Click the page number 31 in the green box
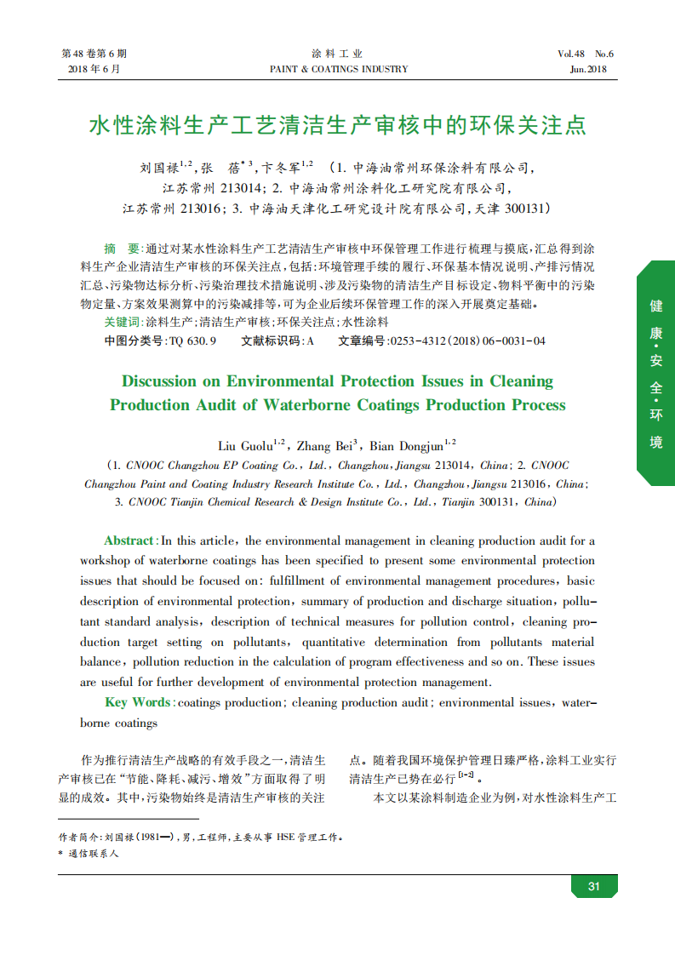pyautogui.click(x=594, y=886)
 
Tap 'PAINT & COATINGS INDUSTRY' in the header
pyautogui.click(x=338, y=69)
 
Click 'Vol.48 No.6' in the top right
pyautogui.click(x=586, y=54)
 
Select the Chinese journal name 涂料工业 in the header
pyautogui.click(x=337, y=54)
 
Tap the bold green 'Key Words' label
pyautogui.click(x=137, y=702)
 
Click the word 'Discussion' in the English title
pyautogui.click(x=161, y=381)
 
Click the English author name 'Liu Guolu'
pyautogui.click(x=244, y=445)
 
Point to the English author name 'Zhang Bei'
pyautogui.click(x=324, y=445)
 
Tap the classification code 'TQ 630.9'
pyautogui.click(x=192, y=341)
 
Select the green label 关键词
pyautogui.click(x=122, y=323)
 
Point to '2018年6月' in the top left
pyautogui.click(x=94, y=69)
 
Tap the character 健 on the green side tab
pyautogui.click(x=656, y=306)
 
